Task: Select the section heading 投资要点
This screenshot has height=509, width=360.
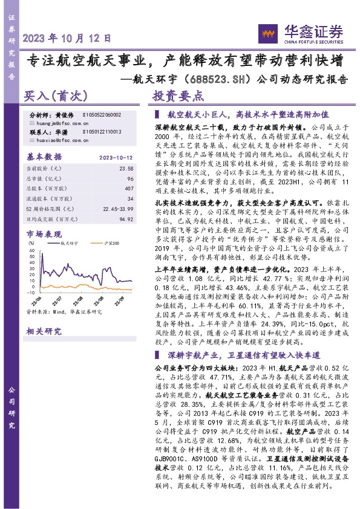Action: pos(178,96)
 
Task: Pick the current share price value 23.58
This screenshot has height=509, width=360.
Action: pos(125,169)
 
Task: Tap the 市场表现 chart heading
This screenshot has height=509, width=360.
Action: pos(44,233)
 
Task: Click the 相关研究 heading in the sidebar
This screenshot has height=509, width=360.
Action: pos(44,331)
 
